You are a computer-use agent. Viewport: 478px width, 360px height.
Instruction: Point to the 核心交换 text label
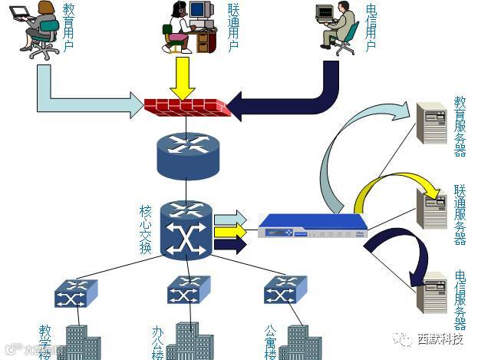coord(146,230)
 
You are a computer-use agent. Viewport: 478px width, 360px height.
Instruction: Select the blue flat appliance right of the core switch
coord(313,228)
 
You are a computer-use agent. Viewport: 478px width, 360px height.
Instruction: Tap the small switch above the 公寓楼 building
coord(285,291)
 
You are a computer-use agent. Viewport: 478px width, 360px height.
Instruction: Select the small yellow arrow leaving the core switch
coord(230,231)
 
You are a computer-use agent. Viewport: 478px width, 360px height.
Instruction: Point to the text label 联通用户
coord(234,28)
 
